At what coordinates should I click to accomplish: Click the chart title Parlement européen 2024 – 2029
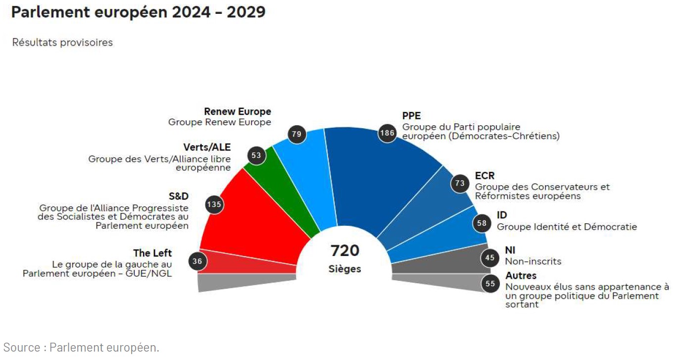point(138,12)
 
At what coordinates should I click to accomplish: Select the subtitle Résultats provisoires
point(62,43)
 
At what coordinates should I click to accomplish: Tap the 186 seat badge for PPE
point(387,133)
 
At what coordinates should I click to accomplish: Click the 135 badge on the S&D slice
point(214,204)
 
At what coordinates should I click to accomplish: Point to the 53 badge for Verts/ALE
point(256,155)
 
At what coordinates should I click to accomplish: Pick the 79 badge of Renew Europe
point(297,134)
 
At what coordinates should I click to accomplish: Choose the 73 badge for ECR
point(460,184)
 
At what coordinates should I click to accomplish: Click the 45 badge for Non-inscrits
point(490,257)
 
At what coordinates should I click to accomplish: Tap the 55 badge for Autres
point(490,284)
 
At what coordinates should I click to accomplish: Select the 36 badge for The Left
point(198,261)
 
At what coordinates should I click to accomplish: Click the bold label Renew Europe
point(238,112)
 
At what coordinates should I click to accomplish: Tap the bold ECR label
point(484,176)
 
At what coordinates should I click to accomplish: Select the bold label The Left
point(152,254)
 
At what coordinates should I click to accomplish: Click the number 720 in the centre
point(345,251)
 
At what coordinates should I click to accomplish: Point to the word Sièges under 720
point(345,269)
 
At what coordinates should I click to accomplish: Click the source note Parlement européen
point(81,348)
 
